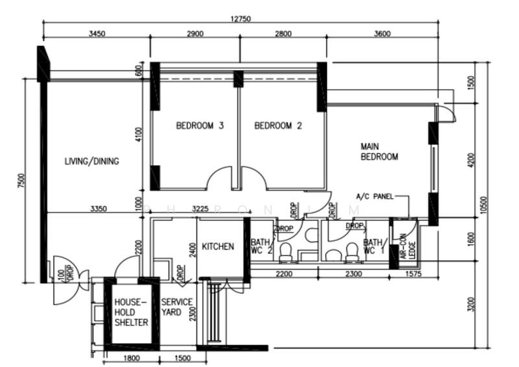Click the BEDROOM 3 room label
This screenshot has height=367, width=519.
200,126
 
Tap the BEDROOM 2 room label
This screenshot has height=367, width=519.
278,126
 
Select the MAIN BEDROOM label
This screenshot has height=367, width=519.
379,152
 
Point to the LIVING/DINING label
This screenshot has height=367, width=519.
91,161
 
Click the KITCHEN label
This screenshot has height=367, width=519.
217,247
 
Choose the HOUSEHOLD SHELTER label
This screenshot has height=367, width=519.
131,312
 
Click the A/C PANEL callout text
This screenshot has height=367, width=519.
374,196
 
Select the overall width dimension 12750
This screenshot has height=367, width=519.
240,19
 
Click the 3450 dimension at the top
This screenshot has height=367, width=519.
97,34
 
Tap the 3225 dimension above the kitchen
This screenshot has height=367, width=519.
200,209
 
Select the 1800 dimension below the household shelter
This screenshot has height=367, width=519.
131,359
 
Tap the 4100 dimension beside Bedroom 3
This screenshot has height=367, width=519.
138,135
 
